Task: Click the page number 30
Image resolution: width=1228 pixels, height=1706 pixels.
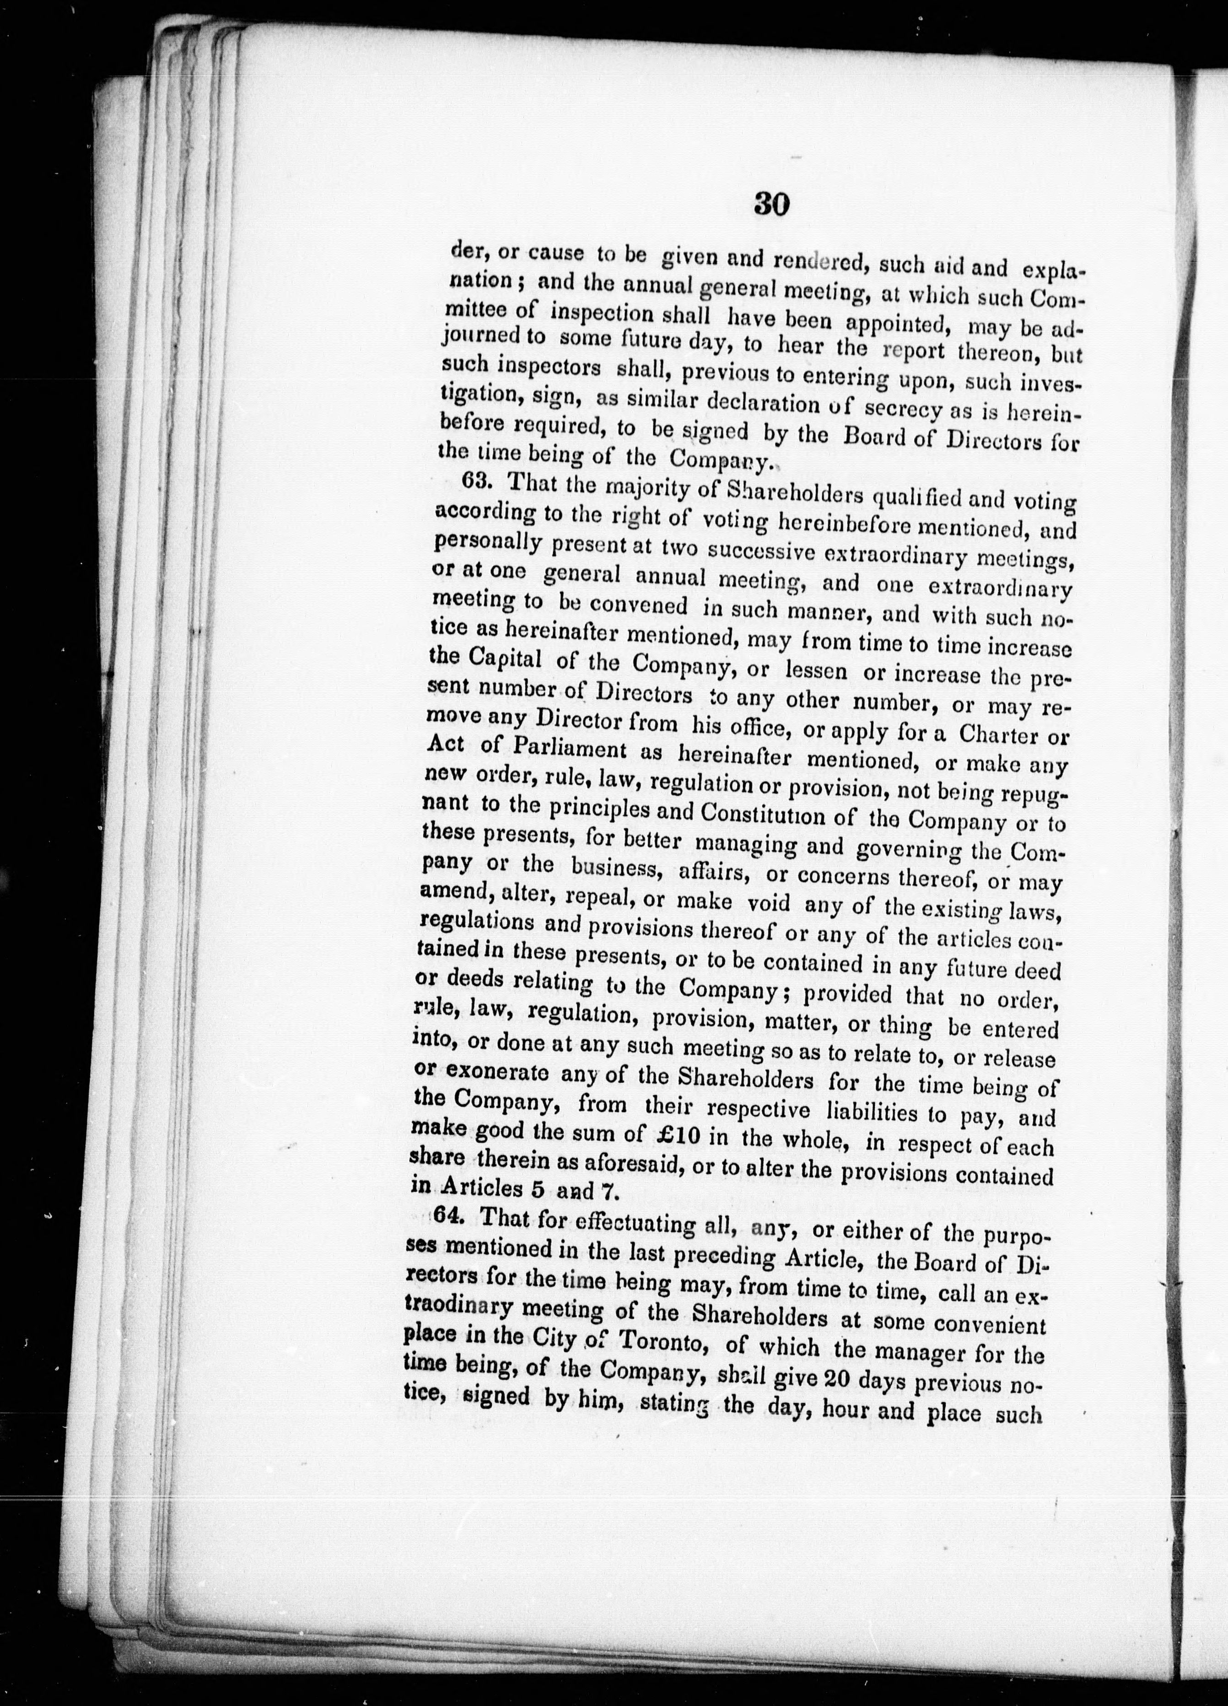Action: click(x=771, y=204)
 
